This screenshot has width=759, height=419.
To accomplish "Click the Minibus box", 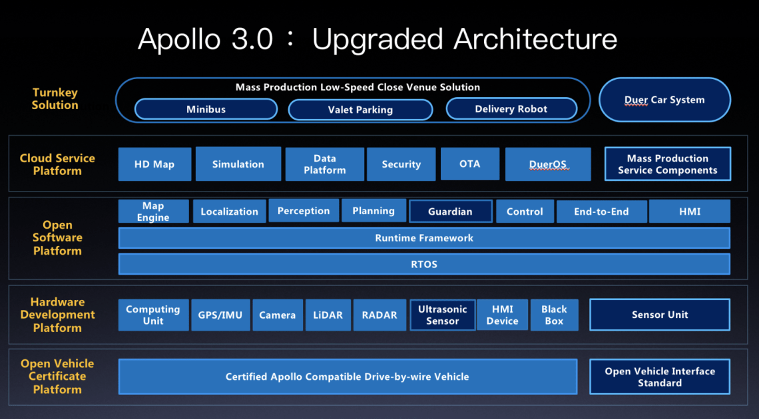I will coord(206,109).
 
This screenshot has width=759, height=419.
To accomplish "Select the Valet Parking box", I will coord(360,110).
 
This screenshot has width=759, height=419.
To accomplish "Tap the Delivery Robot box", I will coord(511,109).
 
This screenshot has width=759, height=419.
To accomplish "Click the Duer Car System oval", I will coord(664,100).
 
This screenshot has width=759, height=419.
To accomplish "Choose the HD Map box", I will coord(154,164).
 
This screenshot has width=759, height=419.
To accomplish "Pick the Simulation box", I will coord(238,164).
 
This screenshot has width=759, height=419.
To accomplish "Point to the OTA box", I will coord(469,164).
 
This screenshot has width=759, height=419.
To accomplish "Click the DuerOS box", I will coord(547,164).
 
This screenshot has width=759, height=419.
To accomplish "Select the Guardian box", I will coord(450,211).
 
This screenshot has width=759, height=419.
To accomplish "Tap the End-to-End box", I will coord(601,211).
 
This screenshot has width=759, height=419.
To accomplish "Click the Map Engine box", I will coord(153,211).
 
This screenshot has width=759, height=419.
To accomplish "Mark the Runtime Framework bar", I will coord(423,238).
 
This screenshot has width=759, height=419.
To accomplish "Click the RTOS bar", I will coord(423,264).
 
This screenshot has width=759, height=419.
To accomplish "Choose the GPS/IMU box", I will coord(220,315).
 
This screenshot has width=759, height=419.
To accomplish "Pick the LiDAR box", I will coord(328,315).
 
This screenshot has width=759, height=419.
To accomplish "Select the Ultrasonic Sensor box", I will coord(443,315).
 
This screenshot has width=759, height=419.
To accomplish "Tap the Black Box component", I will coord(554,315).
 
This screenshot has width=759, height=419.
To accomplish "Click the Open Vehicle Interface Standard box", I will coord(659,376).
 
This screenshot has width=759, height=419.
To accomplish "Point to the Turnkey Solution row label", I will coord(55,99).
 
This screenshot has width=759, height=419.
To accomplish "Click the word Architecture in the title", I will coord(535,40).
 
